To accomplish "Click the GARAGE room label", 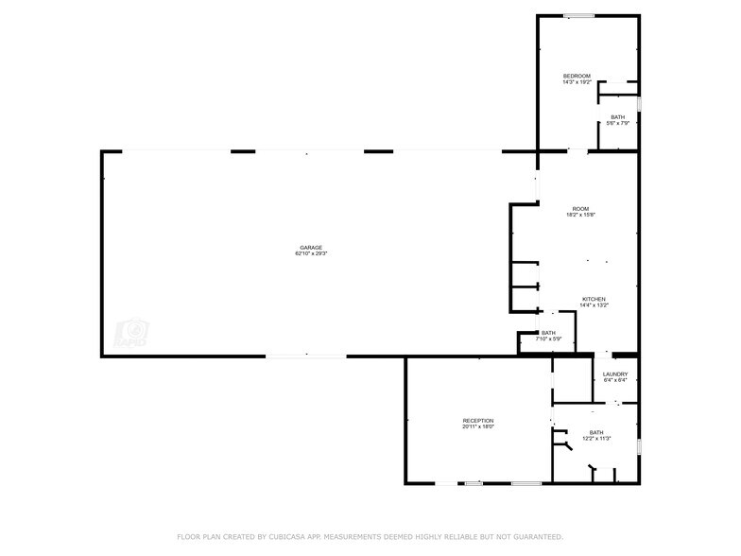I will [311, 248].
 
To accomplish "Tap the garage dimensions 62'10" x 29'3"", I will [311, 253].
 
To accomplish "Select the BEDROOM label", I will [577, 76].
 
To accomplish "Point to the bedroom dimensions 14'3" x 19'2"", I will [577, 82].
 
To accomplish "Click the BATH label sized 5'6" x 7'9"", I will [617, 117].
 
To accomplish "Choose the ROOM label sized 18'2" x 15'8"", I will [580, 208].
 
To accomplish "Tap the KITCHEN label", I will [594, 299].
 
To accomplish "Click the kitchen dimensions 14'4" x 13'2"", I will [594, 305].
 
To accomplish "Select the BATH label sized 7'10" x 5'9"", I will [548, 333].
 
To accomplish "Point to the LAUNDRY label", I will [615, 374].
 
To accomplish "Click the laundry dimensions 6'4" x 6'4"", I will [615, 381].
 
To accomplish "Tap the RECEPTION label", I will [477, 421].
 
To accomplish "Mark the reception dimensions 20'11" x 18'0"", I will [477, 427].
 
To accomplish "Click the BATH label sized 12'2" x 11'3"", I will [595, 432].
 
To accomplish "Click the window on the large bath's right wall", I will [639, 443].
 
